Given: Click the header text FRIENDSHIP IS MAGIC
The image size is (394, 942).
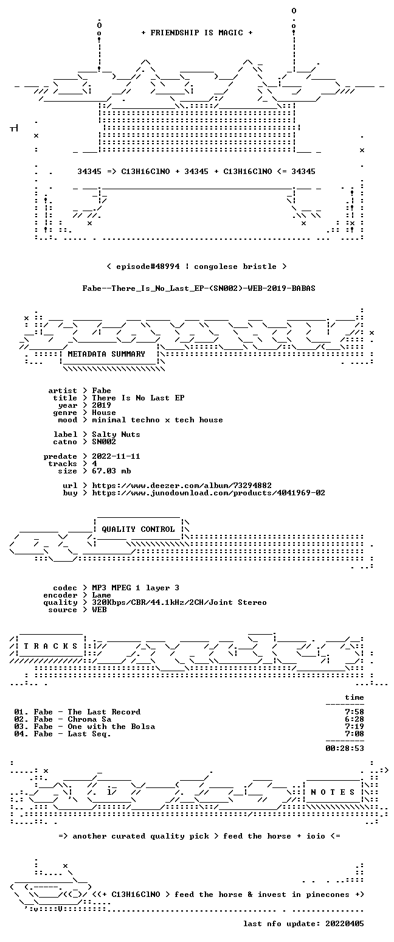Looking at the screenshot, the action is tap(196, 33).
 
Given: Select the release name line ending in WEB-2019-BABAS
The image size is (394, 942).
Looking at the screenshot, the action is tap(199, 288).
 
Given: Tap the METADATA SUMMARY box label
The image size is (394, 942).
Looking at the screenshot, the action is tap(106, 354).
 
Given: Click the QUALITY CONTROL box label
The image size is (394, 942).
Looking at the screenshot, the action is tap(138, 529).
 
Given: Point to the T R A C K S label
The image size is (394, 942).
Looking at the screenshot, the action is tap(51, 646).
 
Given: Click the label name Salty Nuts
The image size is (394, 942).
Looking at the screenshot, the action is tap(116, 434).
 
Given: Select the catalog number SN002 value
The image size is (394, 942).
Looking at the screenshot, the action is tap(104, 442).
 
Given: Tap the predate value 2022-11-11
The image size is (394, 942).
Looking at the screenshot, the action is tap(116, 456).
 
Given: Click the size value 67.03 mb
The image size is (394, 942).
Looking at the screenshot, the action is tap(111, 471).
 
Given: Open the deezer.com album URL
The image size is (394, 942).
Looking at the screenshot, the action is tap(182, 486).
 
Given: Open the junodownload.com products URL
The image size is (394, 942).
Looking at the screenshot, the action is tap(209, 493).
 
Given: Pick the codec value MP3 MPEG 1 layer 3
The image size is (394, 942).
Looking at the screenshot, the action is tap(136, 588).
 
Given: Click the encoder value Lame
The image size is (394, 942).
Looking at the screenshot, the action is tap(102, 595).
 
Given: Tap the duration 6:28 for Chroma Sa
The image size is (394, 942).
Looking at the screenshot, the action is tap(354, 719).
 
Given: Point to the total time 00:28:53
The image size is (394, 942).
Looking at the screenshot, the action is tap(345, 748).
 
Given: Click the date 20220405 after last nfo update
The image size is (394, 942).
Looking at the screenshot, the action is tap(345, 924).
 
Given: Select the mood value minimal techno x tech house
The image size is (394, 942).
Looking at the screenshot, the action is tap(157, 420).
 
